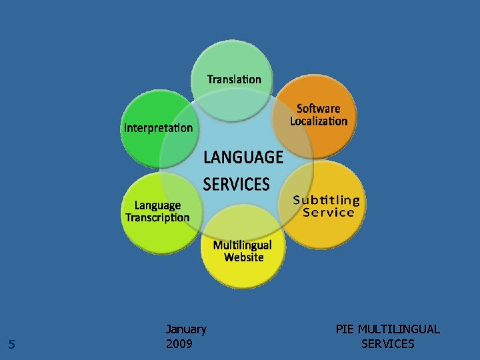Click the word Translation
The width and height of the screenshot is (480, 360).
[234, 79]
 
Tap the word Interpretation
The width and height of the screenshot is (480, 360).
[158, 127]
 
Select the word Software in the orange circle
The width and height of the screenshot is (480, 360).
[319, 108]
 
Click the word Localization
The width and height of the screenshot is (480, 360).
[319, 121]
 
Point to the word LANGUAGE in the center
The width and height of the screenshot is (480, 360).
[243, 157]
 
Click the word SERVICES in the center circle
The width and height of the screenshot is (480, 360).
[236, 183]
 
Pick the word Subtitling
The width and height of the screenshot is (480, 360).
[327, 200]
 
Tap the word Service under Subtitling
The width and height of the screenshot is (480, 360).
[328, 213]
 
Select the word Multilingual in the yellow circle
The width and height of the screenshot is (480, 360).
[243, 245]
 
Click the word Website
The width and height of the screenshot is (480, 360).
[244, 257]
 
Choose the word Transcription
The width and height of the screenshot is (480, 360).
[157, 217]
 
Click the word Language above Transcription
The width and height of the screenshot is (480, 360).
[157, 205]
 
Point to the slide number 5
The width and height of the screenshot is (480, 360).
[11, 345]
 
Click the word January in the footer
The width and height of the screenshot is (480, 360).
[186, 329]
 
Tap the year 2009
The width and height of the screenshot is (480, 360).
[179, 344]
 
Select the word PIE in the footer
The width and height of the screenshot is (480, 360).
[345, 329]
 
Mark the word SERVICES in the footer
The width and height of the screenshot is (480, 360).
[388, 344]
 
